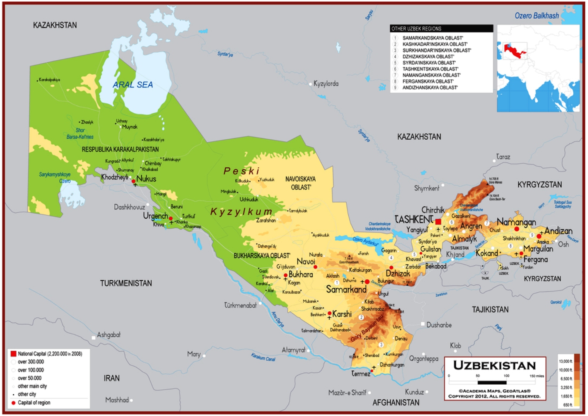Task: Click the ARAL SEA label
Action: pyautogui.click(x=133, y=85)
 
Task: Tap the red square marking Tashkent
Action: pyautogui.click(x=438, y=222)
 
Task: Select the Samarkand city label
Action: pyautogui.click(x=346, y=289)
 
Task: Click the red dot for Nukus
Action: pyautogui.click(x=133, y=181)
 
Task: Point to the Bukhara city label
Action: pyautogui.click(x=301, y=274)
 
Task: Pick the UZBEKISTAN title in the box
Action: pyautogui.click(x=494, y=365)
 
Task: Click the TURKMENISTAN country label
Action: pyautogui.click(x=126, y=283)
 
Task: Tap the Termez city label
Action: pyautogui.click(x=361, y=373)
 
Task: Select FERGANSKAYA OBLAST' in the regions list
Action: pyautogui.click(x=428, y=81)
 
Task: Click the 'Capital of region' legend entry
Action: pyautogui.click(x=34, y=403)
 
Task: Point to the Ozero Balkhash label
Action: pyautogui.click(x=536, y=16)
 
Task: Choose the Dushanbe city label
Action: pyautogui.click(x=439, y=325)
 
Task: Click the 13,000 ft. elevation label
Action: pyautogui.click(x=565, y=361)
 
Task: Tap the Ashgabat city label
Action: pyautogui.click(x=108, y=335)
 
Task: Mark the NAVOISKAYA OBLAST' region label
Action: pyautogui.click(x=301, y=183)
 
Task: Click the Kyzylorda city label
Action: pyautogui.click(x=326, y=84)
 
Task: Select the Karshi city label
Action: pyautogui.click(x=342, y=314)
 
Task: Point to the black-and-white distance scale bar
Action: pyautogui.click(x=492, y=382)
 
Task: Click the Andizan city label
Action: pyautogui.click(x=558, y=231)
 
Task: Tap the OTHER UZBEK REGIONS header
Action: pyautogui.click(x=416, y=29)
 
